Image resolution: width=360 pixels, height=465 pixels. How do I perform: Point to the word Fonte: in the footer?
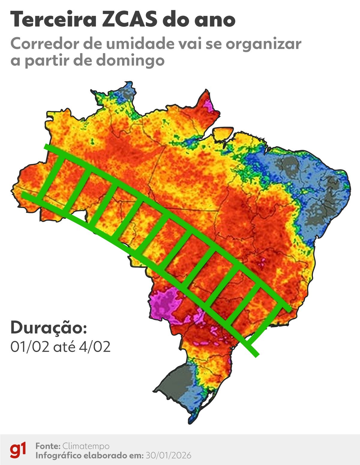tap(48, 446)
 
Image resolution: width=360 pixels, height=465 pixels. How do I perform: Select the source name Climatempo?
tap(86, 446)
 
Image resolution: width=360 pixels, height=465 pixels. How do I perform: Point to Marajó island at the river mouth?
tap(223, 134)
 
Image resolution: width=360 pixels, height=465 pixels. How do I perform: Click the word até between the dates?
tap(65, 347)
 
